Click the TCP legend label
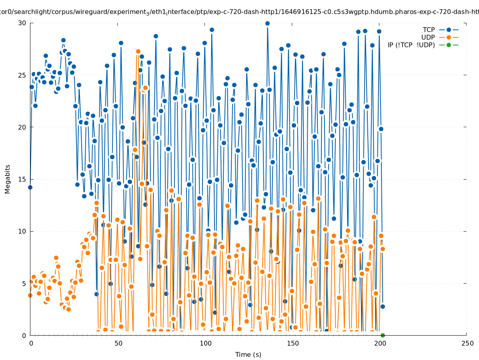[429, 30]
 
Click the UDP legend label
[428, 37]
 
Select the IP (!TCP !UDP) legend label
[411, 45]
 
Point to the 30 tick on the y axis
[22, 23]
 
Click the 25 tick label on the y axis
[22, 75]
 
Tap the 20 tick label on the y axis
[22, 127]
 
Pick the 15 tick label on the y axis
[22, 179]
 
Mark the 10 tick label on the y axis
[22, 231]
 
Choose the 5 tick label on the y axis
[24, 283]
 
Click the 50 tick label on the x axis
[118, 343]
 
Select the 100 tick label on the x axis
[205, 343]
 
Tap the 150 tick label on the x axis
[293, 343]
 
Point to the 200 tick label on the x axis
[380, 343]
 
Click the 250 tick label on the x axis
[467, 343]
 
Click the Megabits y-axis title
[8, 179]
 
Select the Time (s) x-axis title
[248, 354]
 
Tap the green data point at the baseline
[383, 335]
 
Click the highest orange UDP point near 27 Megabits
[138, 51]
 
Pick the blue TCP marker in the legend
[449, 30]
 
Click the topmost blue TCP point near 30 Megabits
[267, 23]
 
